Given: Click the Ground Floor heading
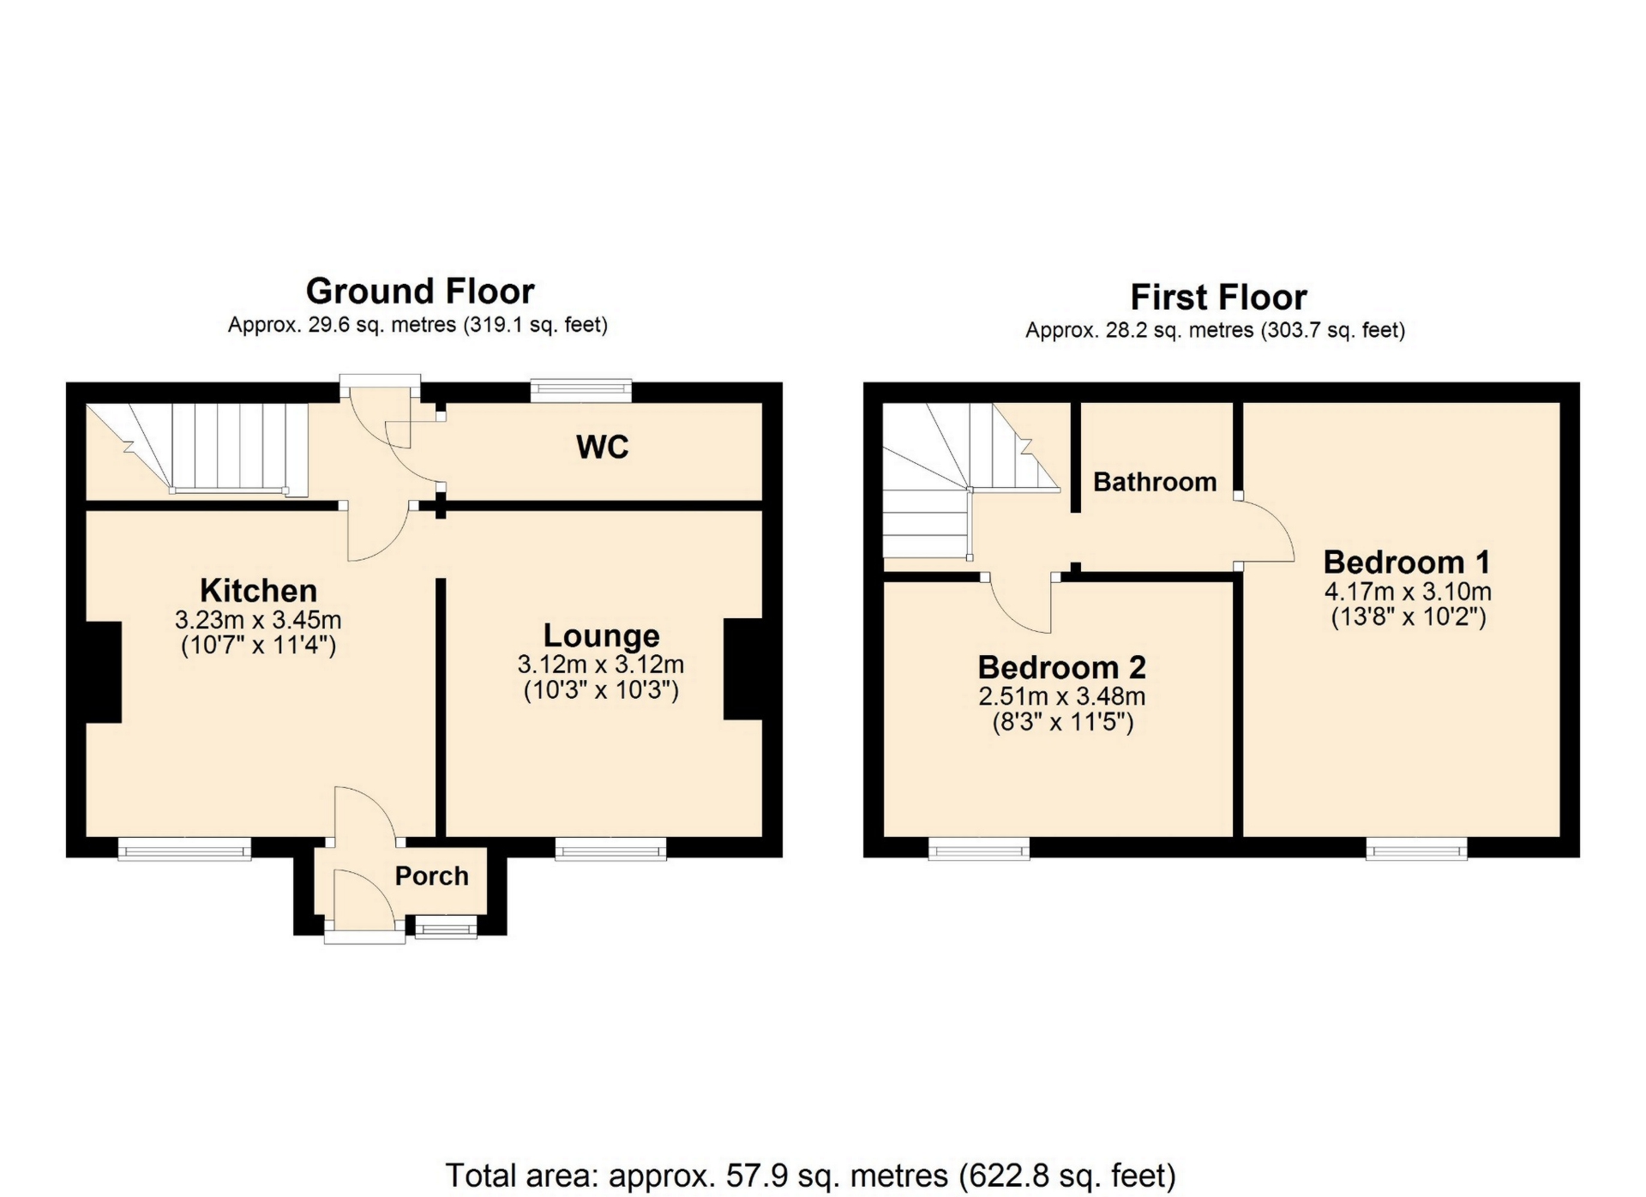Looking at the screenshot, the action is pos(420,292).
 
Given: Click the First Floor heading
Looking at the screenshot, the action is pos(1218,298).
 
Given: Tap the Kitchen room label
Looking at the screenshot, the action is pos(258,591).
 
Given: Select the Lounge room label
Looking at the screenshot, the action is pos(602,636).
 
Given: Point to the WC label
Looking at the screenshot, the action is pos(603,447).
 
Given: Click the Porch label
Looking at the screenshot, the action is pos(432,876).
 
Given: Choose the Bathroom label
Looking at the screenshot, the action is pos(1155,482).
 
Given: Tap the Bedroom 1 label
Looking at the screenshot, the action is pos(1407,562).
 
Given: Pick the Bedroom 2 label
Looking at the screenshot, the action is pos(1061,667).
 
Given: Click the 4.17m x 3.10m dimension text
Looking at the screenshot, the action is pos(1408,592).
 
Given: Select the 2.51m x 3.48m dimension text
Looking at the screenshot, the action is pos(1062,696).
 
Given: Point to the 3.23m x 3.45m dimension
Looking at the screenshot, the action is pos(258,619).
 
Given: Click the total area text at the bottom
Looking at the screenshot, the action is pos(811,1175).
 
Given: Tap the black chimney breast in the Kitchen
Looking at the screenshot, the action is pos(103,672).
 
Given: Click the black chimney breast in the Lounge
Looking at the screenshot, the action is pos(743,669).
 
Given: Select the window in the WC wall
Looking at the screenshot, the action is pos(581,391).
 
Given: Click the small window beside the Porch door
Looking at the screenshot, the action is pos(446,926).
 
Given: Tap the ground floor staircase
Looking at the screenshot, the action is pos(197,449).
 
